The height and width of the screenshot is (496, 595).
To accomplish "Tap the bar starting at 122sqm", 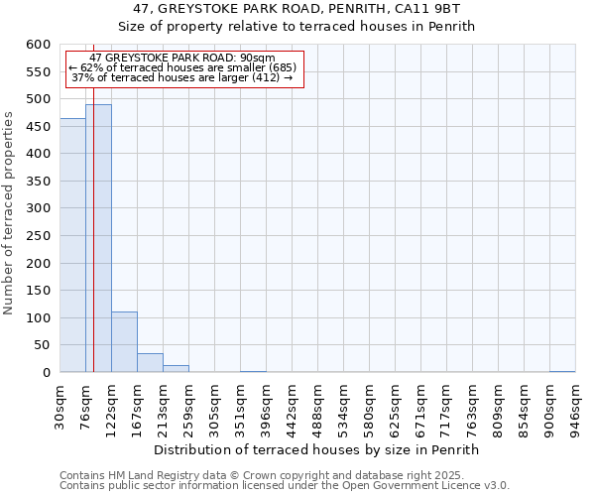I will [x=124, y=342].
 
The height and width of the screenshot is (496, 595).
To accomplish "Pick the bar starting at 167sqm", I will [x=150, y=363].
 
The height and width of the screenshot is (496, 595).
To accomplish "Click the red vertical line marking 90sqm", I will [x=93, y=198].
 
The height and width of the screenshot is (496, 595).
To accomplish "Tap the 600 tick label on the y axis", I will [x=38, y=45].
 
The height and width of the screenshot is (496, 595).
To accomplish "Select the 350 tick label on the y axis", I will [x=38, y=182].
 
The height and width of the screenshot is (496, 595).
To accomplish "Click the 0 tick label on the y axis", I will [x=46, y=373].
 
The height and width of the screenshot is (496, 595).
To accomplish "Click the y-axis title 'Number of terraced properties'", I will [x=9, y=212].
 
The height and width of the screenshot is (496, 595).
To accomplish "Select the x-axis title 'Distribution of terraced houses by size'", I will [x=316, y=449].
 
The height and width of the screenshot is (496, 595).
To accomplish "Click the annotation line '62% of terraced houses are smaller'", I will [x=182, y=67].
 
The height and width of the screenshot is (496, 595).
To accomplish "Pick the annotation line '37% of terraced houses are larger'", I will [x=182, y=77].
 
